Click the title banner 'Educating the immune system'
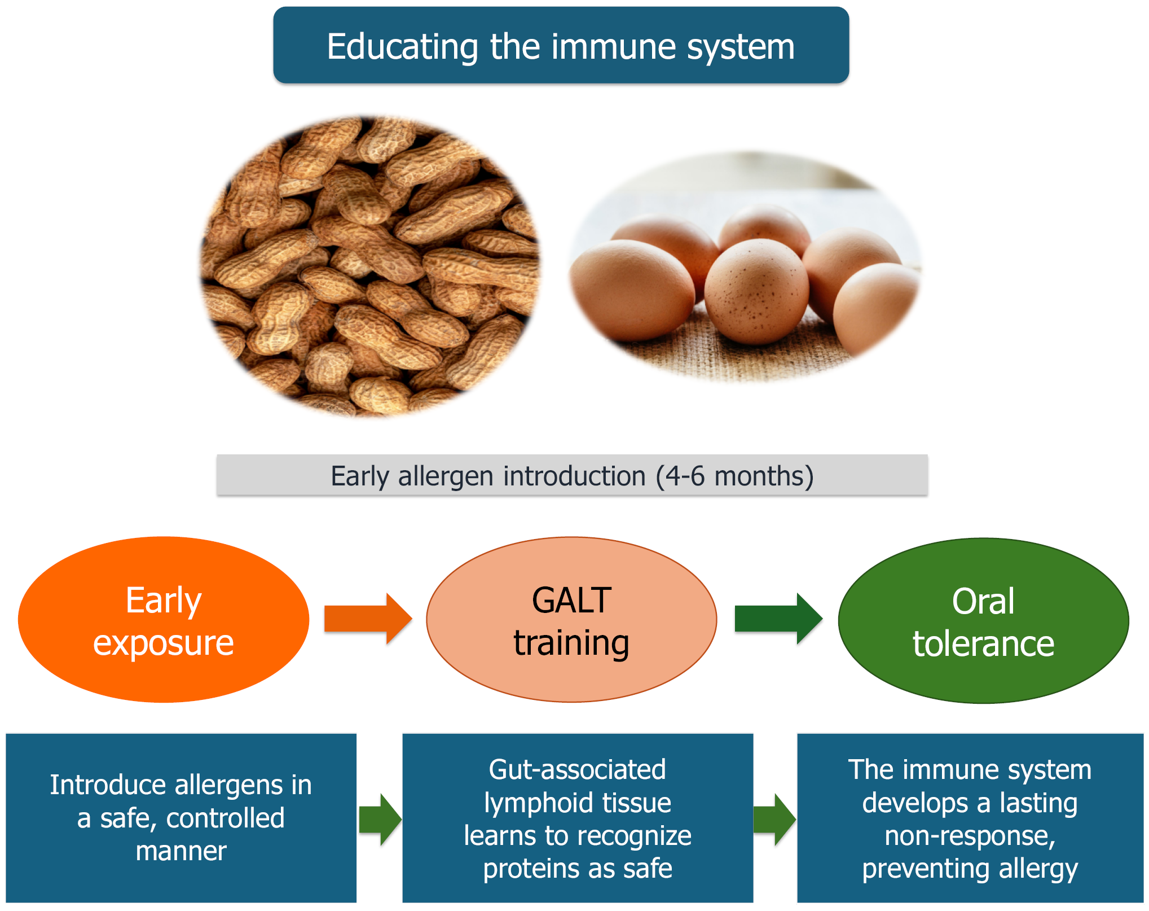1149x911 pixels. (561, 45)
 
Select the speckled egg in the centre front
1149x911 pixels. (756, 291)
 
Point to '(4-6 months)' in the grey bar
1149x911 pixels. (734, 476)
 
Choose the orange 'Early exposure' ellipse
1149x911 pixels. (164, 619)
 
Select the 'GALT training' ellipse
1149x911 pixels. (571, 619)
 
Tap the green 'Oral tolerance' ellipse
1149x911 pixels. (983, 620)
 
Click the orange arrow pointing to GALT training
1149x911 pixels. (368, 619)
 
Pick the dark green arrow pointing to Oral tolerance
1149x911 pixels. (778, 619)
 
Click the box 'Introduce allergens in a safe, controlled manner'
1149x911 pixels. (181, 818)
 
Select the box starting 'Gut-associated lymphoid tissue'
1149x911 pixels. (578, 818)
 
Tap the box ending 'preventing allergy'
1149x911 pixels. (970, 818)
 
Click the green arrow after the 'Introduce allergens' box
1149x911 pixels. (380, 820)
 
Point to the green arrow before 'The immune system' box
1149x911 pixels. (774, 820)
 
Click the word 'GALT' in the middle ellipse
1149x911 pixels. (571, 600)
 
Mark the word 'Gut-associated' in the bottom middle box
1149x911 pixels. (578, 770)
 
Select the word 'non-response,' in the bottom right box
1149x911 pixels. (970, 836)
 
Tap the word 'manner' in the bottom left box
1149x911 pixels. (181, 851)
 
